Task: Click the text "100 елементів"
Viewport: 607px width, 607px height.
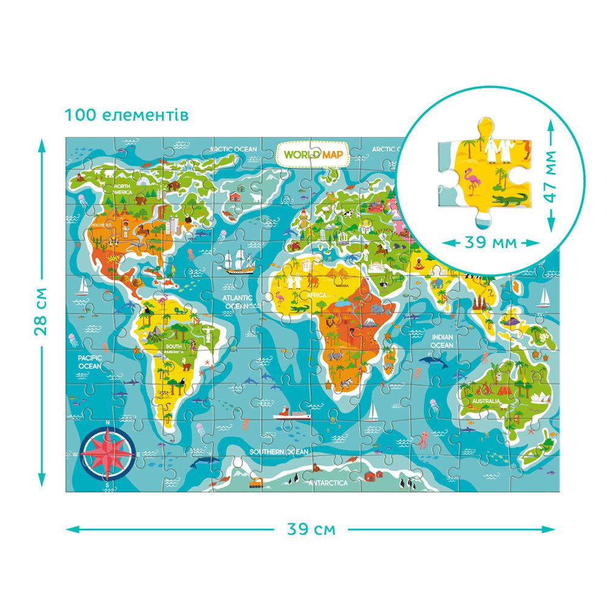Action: tap(127, 115)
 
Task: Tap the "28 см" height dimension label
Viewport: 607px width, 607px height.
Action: tap(41, 311)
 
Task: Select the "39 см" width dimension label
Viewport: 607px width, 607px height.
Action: tap(310, 529)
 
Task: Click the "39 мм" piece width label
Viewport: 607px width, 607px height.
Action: tap(490, 242)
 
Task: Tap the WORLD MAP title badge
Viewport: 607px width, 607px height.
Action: tap(313, 154)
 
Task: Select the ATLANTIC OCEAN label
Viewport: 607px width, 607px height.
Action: tap(237, 302)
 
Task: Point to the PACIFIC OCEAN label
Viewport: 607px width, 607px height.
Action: tap(89, 362)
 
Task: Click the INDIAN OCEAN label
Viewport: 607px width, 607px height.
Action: tap(442, 341)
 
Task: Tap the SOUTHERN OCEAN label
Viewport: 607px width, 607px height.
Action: tap(279, 452)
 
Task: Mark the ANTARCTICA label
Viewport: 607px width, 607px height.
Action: tap(328, 483)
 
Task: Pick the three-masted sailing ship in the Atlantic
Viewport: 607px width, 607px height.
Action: tap(237, 262)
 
